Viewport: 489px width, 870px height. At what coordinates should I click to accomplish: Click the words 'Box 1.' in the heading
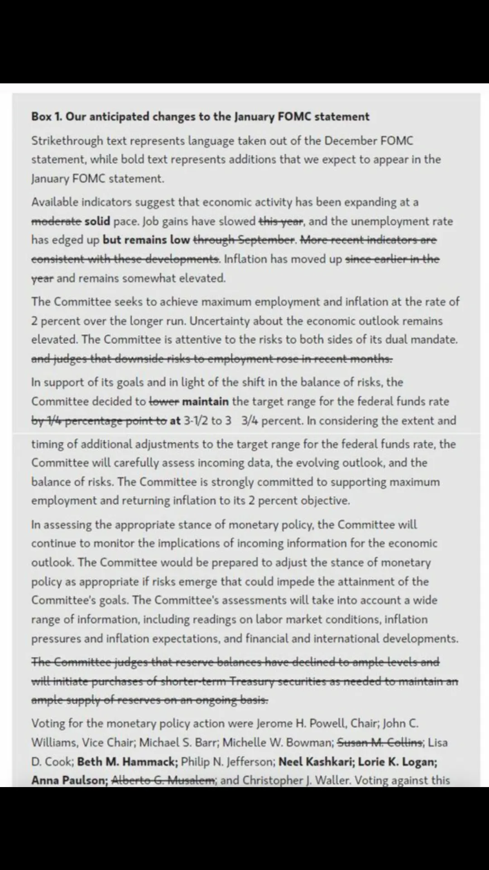pyautogui.click(x=47, y=117)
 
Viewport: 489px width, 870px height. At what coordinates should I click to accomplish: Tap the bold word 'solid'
pyautogui.click(x=97, y=221)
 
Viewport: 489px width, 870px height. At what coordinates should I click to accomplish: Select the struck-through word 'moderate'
pyautogui.click(x=56, y=221)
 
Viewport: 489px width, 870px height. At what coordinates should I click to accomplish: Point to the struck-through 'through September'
pyautogui.click(x=244, y=240)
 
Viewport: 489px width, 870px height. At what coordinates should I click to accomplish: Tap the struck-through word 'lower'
pyautogui.click(x=164, y=401)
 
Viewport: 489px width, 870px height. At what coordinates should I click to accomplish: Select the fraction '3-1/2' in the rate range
pyautogui.click(x=196, y=420)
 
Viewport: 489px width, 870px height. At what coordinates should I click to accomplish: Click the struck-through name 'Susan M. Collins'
pyautogui.click(x=380, y=743)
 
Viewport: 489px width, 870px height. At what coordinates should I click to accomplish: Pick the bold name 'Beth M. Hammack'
pyautogui.click(x=127, y=762)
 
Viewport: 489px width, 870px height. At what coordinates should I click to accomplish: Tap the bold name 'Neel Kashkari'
pyautogui.click(x=316, y=762)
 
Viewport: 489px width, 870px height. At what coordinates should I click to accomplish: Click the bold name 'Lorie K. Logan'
pyautogui.click(x=397, y=762)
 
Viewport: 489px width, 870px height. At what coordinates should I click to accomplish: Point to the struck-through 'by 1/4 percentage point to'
pyautogui.click(x=99, y=420)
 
